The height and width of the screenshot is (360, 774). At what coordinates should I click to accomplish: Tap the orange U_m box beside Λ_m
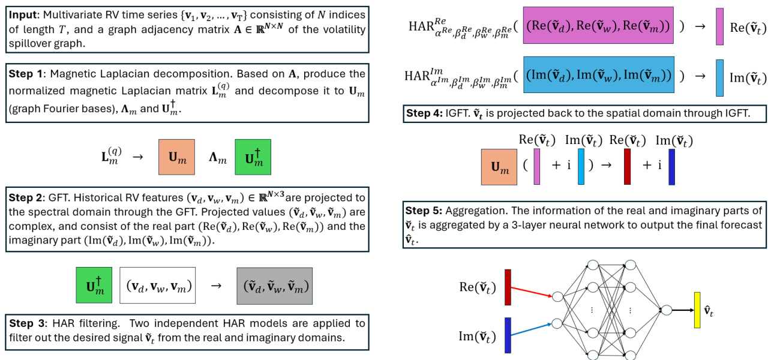tap(176, 157)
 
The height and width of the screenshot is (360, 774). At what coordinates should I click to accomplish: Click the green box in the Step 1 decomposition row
tap(253, 157)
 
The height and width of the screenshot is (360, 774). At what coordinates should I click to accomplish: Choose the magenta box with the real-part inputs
tap(598, 25)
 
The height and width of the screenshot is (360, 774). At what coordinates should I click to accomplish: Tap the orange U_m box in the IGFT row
tap(499, 167)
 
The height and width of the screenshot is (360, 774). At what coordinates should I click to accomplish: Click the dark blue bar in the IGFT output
tap(671, 166)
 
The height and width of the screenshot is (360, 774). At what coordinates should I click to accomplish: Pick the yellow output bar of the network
tap(697, 310)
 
